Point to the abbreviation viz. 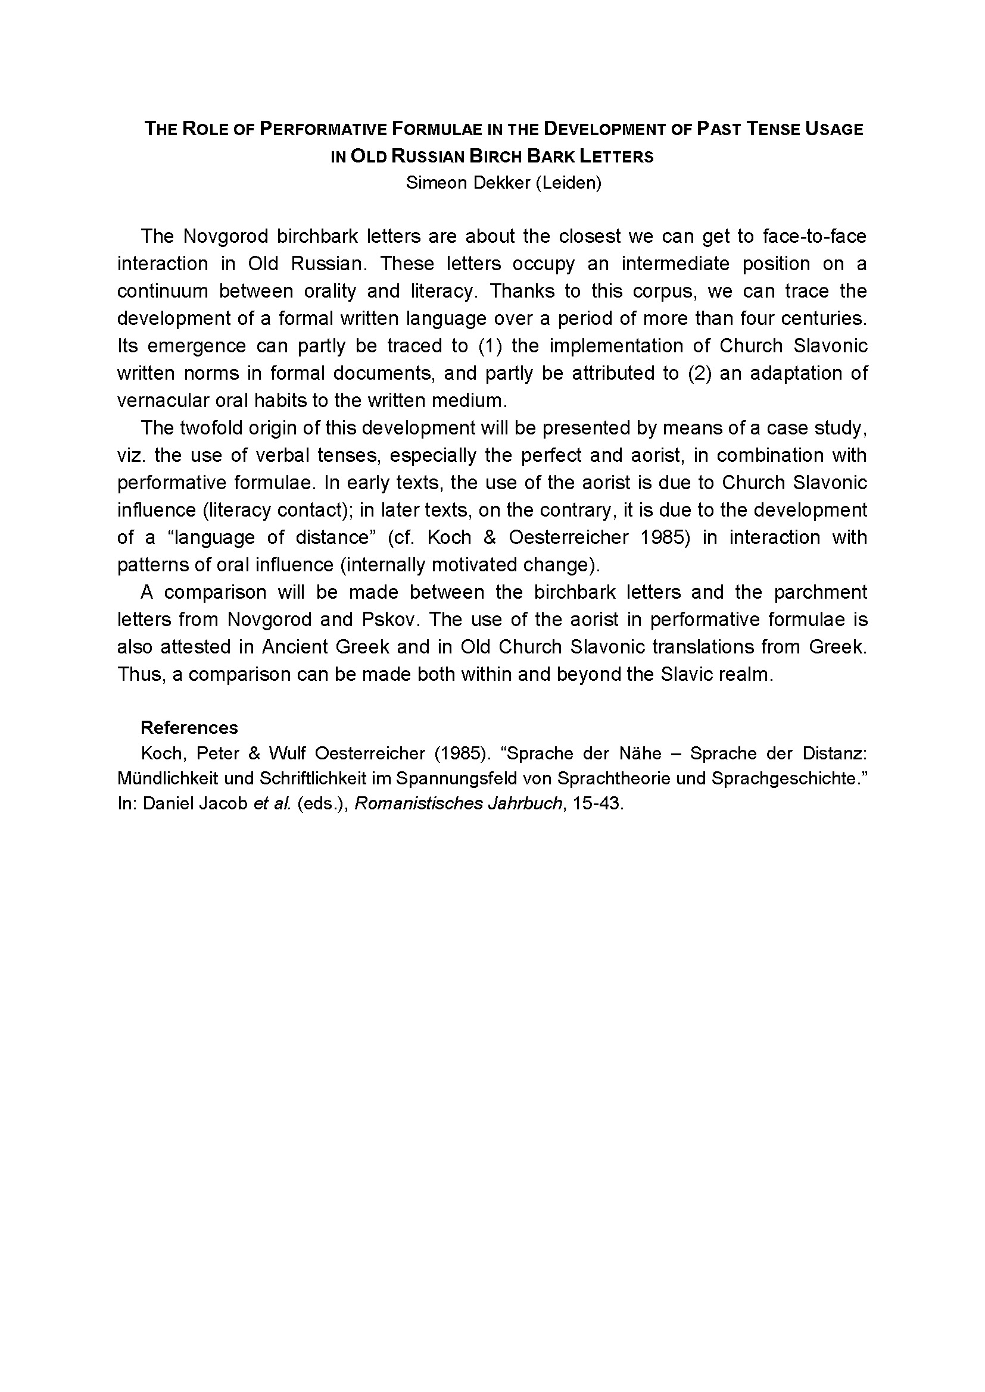tap(129, 455)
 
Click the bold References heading tap(189, 727)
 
